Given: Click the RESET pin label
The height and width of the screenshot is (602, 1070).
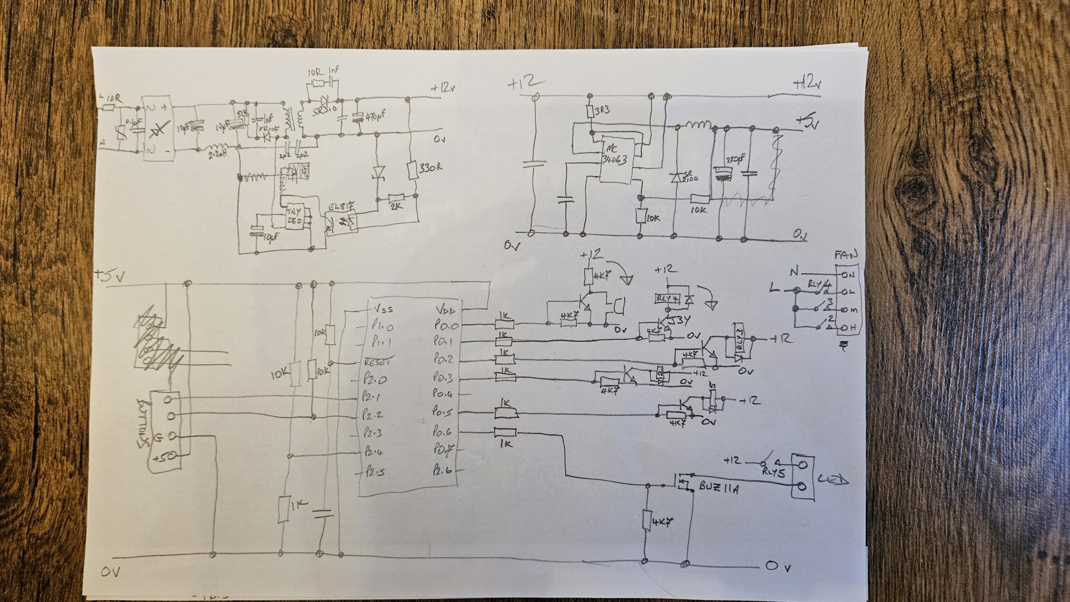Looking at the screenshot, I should click(x=377, y=362).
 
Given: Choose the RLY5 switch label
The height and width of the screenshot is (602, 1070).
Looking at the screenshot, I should click(x=774, y=473).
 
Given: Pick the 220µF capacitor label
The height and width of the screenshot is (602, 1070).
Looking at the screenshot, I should click(x=735, y=159).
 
